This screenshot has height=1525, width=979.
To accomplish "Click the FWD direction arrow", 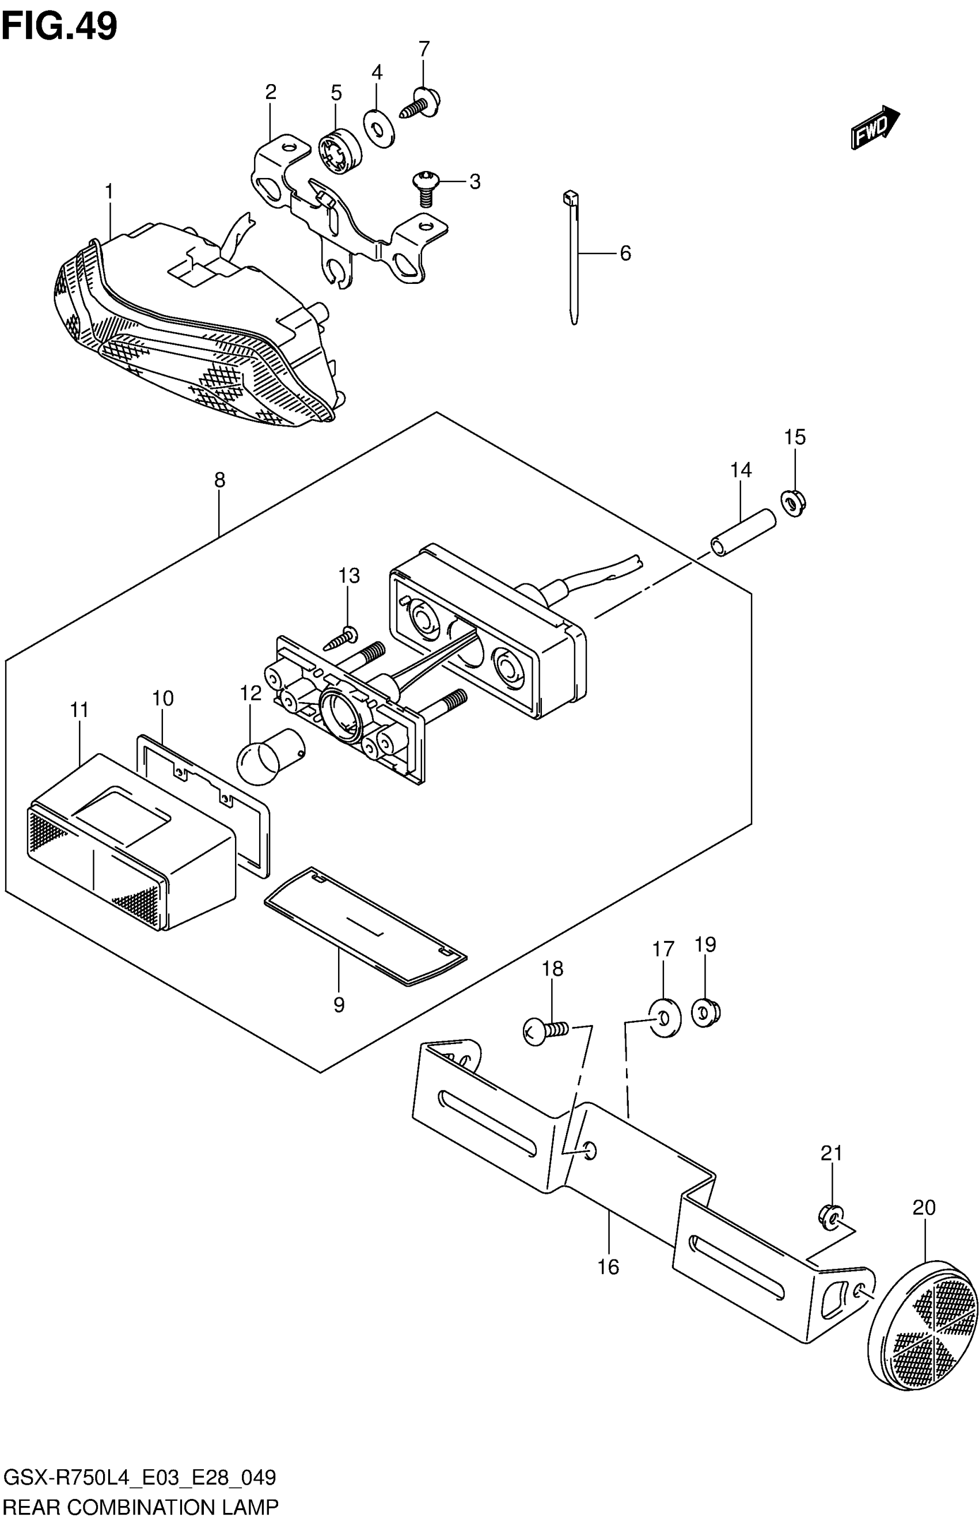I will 875,128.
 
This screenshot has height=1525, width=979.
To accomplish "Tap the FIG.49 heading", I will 59,26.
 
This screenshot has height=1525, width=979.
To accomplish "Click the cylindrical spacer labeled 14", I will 742,533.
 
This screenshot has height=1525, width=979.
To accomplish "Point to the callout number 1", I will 109,191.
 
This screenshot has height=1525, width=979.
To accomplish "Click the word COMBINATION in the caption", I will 142,1506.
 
